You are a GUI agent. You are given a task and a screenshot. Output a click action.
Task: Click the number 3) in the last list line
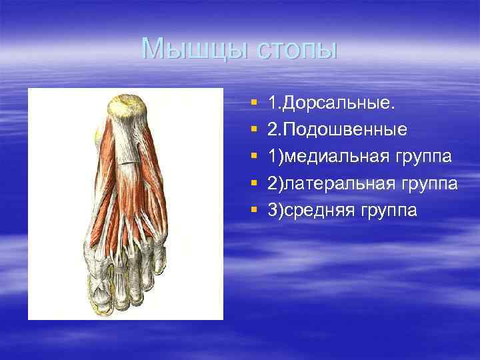pyautogui.click(x=275, y=211)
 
